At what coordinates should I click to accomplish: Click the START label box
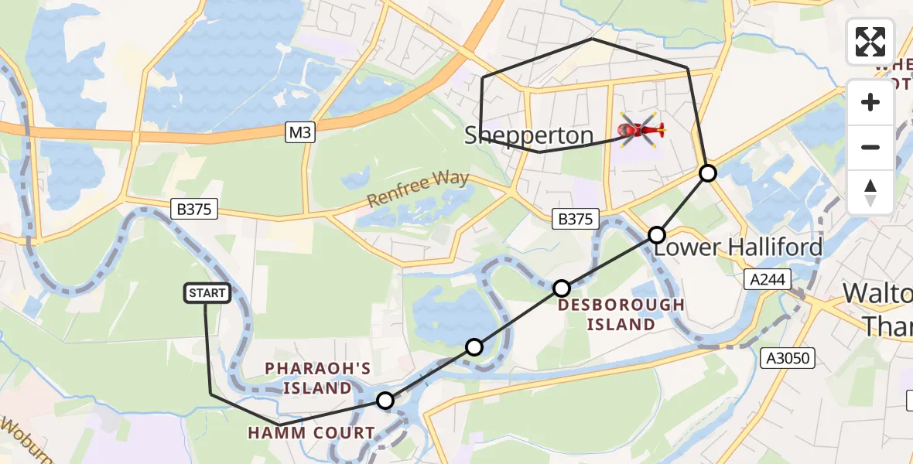[x=207, y=293]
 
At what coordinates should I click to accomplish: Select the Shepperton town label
[x=528, y=136]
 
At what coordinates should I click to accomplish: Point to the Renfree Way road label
[x=418, y=189]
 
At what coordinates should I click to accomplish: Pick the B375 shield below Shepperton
[x=576, y=220]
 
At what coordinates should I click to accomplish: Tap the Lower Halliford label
[x=738, y=248]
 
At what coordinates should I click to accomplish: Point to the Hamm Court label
[x=311, y=433]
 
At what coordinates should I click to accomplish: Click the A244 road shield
[x=769, y=279]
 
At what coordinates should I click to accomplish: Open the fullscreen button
[x=870, y=42]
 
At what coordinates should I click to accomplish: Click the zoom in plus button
[x=870, y=102]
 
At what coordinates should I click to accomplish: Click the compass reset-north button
[x=870, y=192]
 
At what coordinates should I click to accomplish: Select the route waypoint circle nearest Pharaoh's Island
[x=385, y=401]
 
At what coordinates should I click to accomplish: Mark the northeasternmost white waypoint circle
[x=708, y=173]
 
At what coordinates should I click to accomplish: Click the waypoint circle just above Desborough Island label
[x=562, y=288]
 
